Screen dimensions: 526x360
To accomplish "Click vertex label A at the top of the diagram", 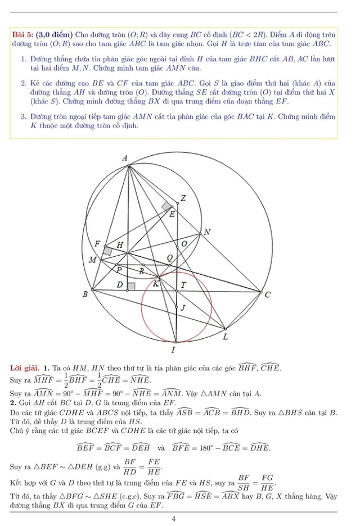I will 124,158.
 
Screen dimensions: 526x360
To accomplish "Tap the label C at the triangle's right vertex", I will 268,294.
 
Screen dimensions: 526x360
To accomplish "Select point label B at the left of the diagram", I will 85,294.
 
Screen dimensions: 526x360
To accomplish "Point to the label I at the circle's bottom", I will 173,351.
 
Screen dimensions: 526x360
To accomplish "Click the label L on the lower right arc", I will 226,337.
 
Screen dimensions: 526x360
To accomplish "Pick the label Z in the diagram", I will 182,198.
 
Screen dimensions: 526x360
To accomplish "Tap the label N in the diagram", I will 207,232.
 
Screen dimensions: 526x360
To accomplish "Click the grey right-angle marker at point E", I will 166,207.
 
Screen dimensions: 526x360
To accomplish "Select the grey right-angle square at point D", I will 131,287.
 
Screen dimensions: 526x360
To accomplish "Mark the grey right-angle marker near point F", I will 107,251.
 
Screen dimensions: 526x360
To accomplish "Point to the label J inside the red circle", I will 182,308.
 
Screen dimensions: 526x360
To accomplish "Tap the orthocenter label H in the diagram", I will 119,245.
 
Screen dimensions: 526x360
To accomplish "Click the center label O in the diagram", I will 183,244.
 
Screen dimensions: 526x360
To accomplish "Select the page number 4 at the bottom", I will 174,519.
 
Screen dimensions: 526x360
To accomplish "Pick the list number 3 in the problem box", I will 23,117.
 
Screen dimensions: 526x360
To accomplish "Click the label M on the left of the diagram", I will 93,260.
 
